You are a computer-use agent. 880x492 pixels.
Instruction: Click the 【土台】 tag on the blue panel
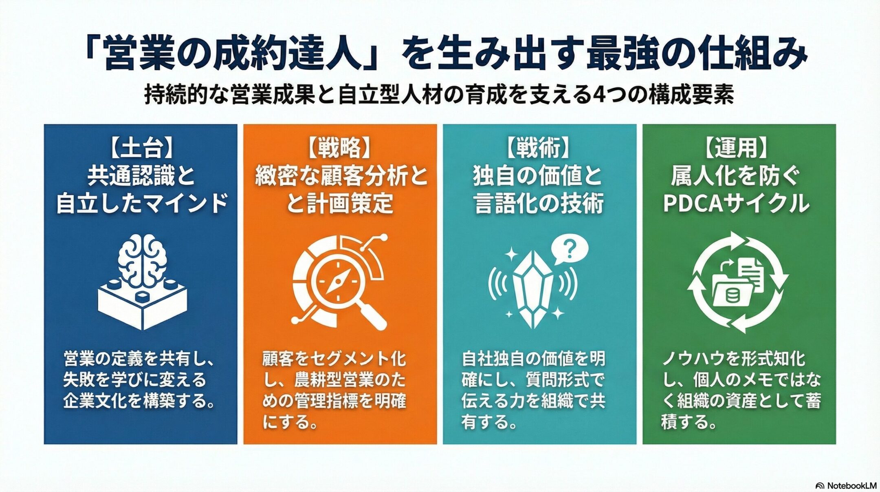pyautogui.click(x=141, y=148)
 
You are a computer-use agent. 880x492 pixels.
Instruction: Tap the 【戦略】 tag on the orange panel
pyautogui.click(x=339, y=148)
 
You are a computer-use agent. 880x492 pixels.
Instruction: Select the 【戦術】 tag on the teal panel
pyautogui.click(x=539, y=148)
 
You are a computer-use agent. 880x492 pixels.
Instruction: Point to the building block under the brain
pyautogui.click(x=142, y=304)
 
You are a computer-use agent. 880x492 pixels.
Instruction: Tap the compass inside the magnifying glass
pyautogui.click(x=337, y=281)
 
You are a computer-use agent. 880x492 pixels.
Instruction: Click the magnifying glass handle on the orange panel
pyautogui.click(x=373, y=316)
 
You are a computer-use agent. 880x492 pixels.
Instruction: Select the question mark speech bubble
pyautogui.click(x=569, y=250)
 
